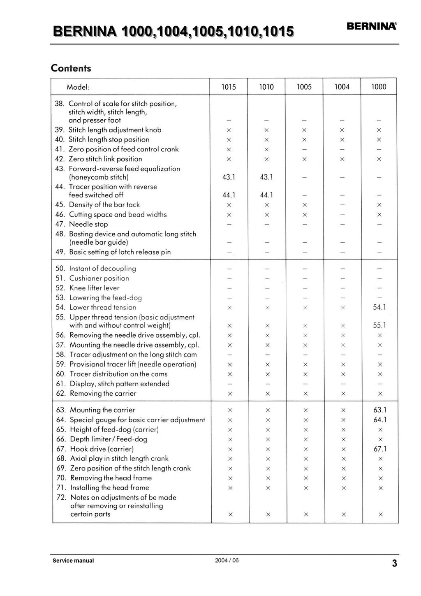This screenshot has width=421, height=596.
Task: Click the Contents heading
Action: (x=71, y=68)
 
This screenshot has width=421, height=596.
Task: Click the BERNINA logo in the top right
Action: (x=372, y=27)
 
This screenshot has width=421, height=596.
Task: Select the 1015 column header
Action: (x=229, y=87)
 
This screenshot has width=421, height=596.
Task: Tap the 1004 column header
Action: (x=342, y=87)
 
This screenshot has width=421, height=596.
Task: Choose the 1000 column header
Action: (x=379, y=87)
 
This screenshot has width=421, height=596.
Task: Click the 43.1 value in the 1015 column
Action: (x=229, y=177)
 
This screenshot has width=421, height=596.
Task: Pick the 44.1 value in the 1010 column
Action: (x=266, y=195)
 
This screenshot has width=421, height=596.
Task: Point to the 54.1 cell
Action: (x=379, y=307)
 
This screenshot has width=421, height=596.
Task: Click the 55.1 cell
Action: (x=379, y=325)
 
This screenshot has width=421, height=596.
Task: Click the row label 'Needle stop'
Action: (x=88, y=224)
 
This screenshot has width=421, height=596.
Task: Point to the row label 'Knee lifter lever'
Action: (x=94, y=288)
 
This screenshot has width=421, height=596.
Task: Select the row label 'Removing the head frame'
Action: (x=111, y=478)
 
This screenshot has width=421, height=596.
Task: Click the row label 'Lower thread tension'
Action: (x=103, y=307)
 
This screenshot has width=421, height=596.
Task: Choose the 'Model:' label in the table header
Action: (x=78, y=87)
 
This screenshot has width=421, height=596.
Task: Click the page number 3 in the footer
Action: (x=394, y=564)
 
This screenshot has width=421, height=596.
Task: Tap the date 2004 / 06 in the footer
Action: (x=227, y=560)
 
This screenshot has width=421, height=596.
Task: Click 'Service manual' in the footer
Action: (x=73, y=561)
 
